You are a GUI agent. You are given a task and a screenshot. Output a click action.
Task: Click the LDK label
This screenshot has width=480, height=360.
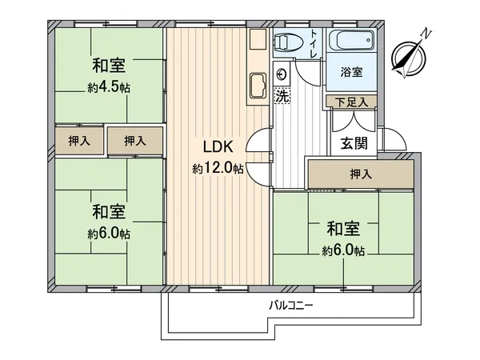click(x=217, y=147)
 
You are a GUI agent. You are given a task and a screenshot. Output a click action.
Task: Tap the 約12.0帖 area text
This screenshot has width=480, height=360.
click(x=217, y=169)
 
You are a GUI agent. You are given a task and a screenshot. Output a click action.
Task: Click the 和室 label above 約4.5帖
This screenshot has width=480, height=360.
click(x=110, y=66)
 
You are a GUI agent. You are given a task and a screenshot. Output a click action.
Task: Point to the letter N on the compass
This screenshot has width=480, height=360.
click(x=427, y=34)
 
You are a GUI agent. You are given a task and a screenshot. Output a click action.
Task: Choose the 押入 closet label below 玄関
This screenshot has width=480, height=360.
click(x=360, y=173)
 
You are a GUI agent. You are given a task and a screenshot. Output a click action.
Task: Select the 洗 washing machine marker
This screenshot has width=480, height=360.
click(x=282, y=95)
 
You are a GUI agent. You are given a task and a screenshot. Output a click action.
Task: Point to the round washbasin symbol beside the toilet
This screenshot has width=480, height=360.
click(x=282, y=74)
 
